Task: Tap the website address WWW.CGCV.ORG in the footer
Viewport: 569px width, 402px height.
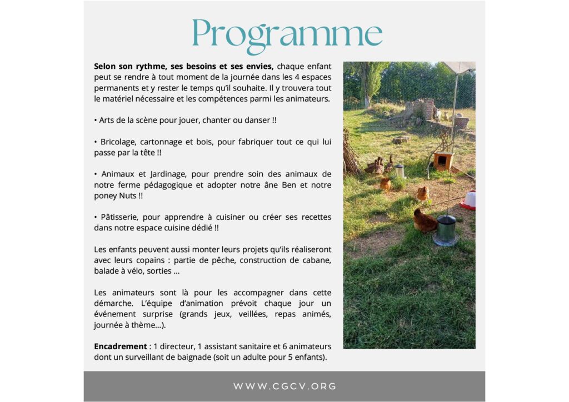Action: click(284, 386)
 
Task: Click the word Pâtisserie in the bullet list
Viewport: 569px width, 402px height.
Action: click(121, 217)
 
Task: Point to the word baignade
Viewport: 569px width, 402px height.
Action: click(192, 357)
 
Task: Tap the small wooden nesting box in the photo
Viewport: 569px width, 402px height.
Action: click(443, 161)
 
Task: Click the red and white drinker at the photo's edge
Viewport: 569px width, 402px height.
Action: click(468, 200)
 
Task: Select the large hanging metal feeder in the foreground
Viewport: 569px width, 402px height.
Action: click(446, 230)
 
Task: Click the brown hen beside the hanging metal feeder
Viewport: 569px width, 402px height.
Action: click(425, 221)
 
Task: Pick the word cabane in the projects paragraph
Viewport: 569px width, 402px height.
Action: click(316, 260)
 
